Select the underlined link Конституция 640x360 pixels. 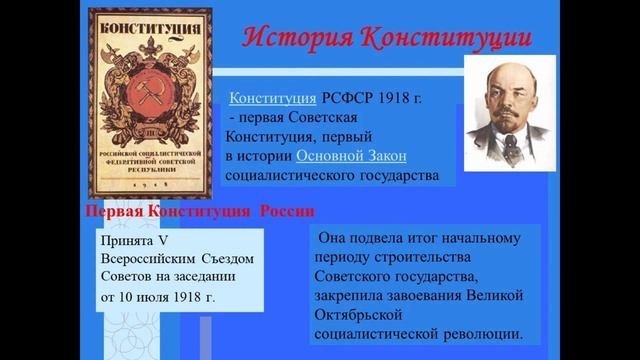pos(275,98)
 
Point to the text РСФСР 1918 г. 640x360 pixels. pos(381,98)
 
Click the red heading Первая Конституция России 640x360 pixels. pos(195,213)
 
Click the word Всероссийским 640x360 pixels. pos(146,259)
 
